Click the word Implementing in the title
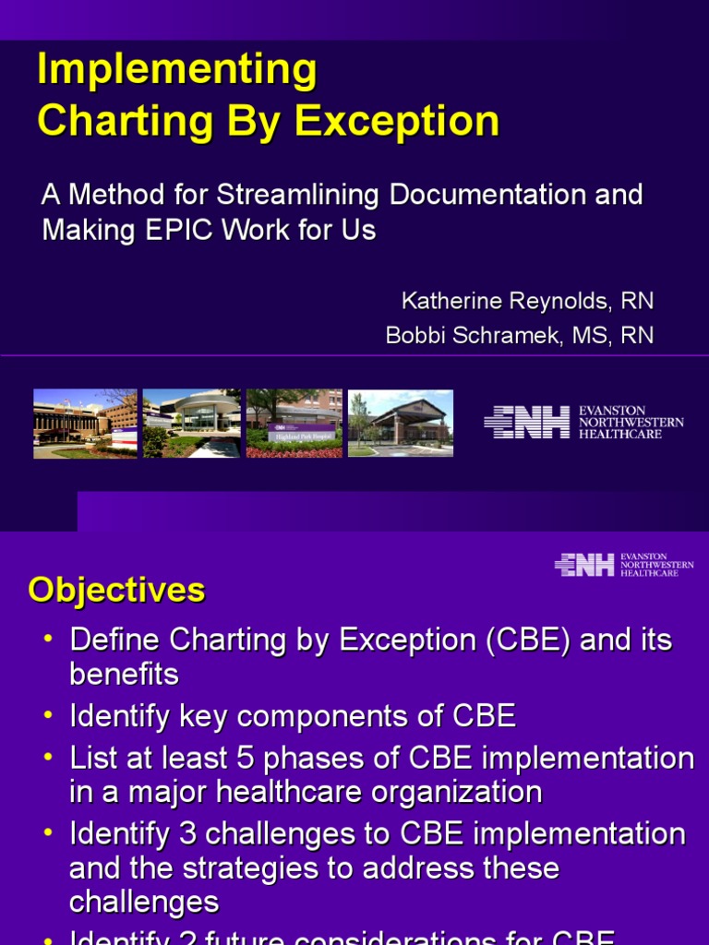pyautogui.click(x=176, y=71)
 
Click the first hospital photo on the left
pyautogui.click(x=85, y=424)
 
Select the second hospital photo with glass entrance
pyautogui.click(x=192, y=424)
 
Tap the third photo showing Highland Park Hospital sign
pyautogui.click(x=294, y=424)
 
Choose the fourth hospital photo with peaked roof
pyautogui.click(x=400, y=424)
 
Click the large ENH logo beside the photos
pyautogui.click(x=527, y=422)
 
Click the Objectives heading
pyautogui.click(x=116, y=590)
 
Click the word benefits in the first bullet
pyautogui.click(x=124, y=675)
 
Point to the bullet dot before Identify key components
pyautogui.click(x=48, y=716)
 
